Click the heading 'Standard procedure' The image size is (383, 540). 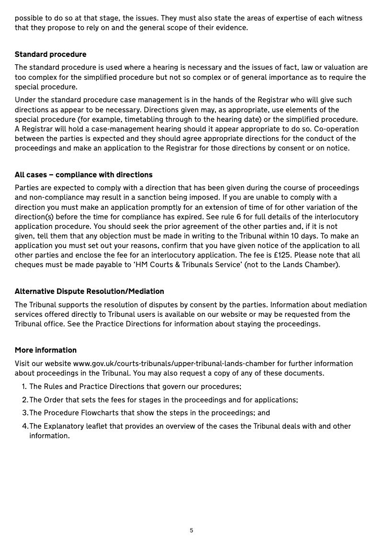(x=50, y=54)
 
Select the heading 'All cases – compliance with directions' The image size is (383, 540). (x=83, y=174)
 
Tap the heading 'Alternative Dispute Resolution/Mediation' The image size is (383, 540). (x=89, y=292)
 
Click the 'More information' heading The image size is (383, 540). (x=45, y=350)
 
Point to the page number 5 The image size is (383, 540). (x=191, y=530)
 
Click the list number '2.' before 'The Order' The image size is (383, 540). (x=25, y=400)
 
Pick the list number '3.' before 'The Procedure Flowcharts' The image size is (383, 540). (x=25, y=413)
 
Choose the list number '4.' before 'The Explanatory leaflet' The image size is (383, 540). (x=25, y=426)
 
